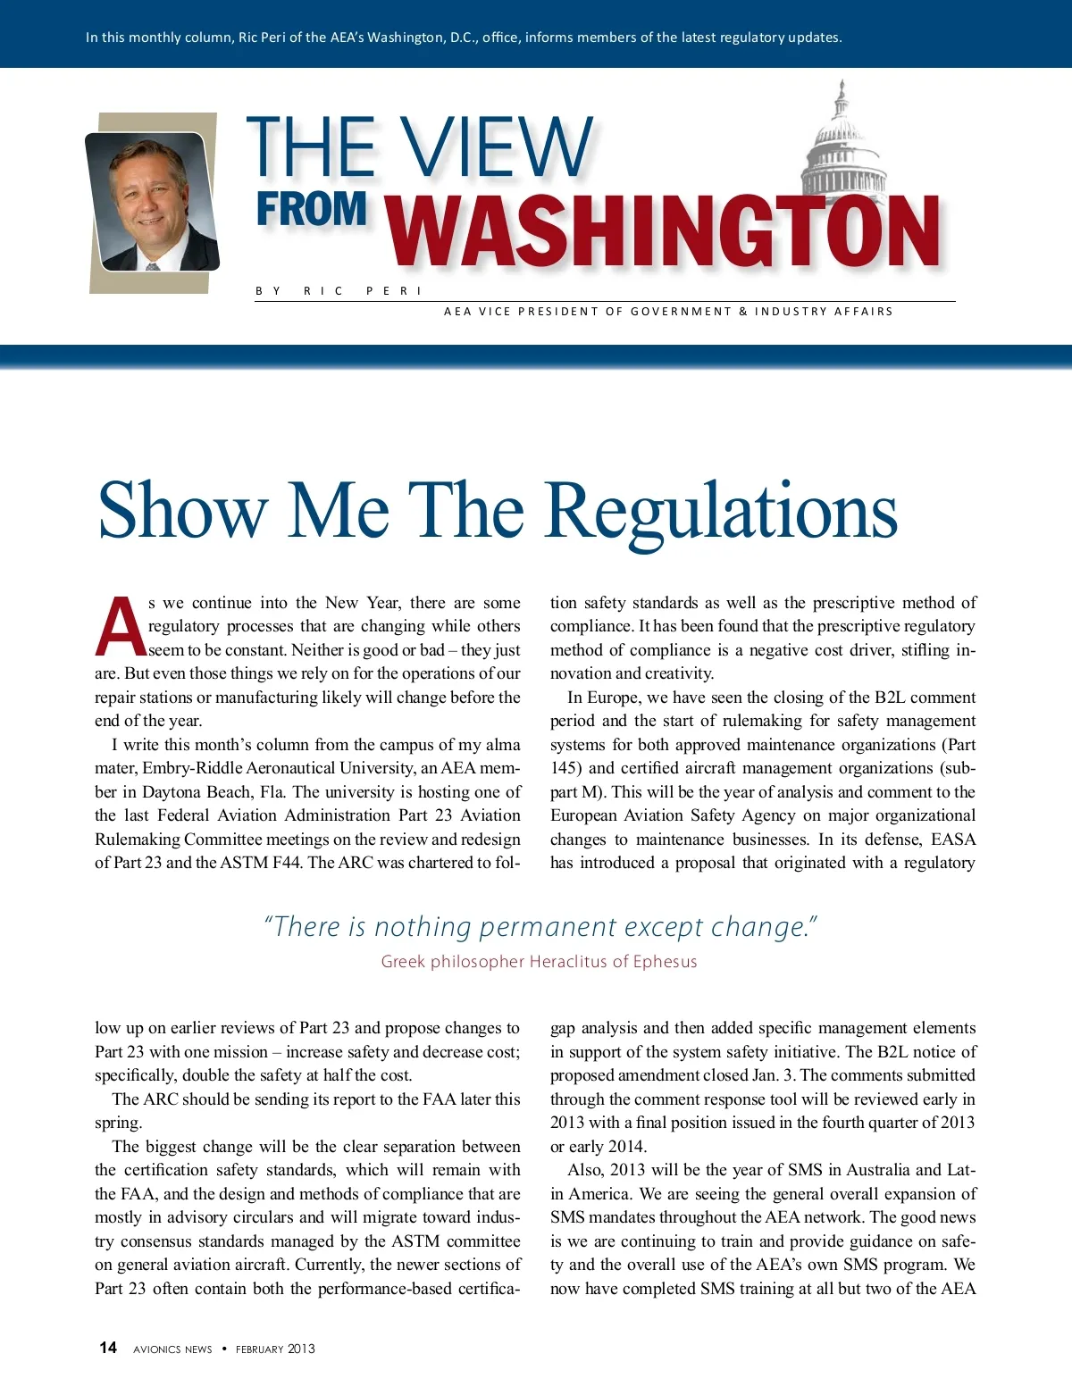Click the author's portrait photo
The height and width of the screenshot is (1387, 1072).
coord(153,202)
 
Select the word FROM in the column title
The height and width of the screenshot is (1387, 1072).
coord(312,209)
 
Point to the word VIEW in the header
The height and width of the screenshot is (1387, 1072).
coord(495,146)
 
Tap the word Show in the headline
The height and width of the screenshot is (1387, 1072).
coord(182,511)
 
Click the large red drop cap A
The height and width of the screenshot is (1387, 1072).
coord(120,626)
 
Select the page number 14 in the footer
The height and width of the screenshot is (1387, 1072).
coord(108,1348)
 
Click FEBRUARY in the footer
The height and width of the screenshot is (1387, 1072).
coord(259,1349)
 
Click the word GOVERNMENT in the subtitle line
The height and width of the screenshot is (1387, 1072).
coord(681,312)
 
